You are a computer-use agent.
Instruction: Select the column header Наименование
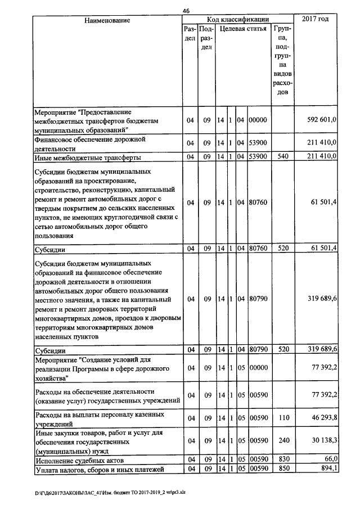pyautogui.click(x=107, y=20)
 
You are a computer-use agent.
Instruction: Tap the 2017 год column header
pyautogui.click(x=315, y=20)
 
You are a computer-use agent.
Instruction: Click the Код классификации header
pyautogui.click(x=237, y=20)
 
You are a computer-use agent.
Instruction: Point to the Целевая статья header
pyautogui.click(x=242, y=28)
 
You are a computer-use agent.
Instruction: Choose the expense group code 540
pyautogui.click(x=283, y=156)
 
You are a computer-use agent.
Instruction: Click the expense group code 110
pyautogui.click(x=283, y=418)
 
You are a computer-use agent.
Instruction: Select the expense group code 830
pyautogui.click(x=283, y=460)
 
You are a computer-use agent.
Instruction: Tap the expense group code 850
pyautogui.click(x=283, y=469)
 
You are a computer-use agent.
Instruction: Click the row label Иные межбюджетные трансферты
pyautogui.click(x=87, y=156)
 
